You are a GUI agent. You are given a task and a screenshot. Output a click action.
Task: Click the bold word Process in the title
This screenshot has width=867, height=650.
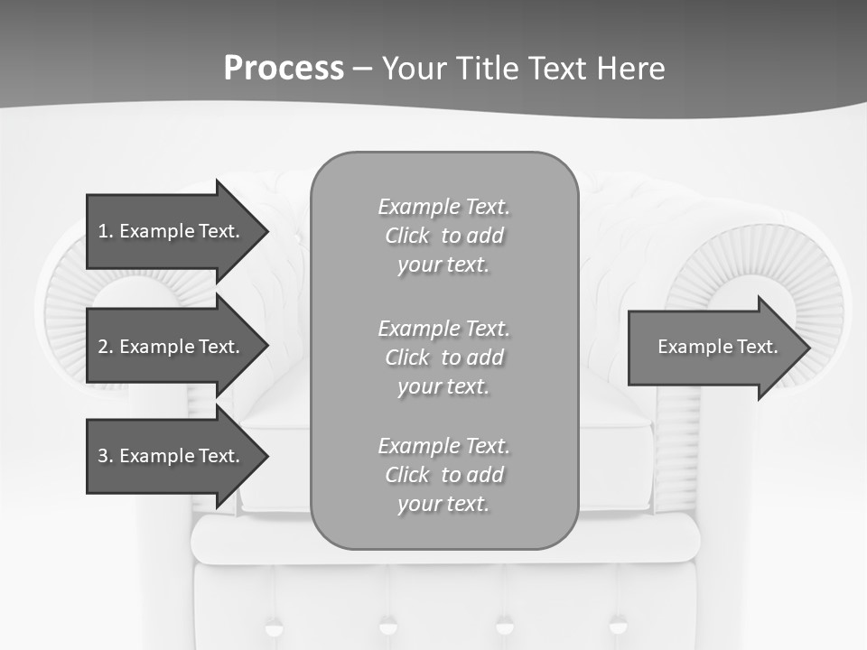284,69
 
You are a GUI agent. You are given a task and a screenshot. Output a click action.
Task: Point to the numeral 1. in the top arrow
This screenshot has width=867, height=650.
106,231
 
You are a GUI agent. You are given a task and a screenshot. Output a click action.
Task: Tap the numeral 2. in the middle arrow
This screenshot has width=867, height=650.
106,347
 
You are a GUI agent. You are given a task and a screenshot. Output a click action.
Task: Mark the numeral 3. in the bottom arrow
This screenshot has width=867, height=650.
106,456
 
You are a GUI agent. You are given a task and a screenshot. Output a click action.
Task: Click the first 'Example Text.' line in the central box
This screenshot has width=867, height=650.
443,207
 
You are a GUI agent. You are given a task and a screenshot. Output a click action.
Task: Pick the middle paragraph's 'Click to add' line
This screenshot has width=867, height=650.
443,357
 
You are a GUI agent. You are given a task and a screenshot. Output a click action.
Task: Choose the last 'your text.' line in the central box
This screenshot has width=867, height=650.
443,504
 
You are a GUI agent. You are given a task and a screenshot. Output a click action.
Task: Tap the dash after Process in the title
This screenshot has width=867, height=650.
362,69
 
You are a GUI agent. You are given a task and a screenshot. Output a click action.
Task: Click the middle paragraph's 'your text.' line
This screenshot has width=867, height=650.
443,386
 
